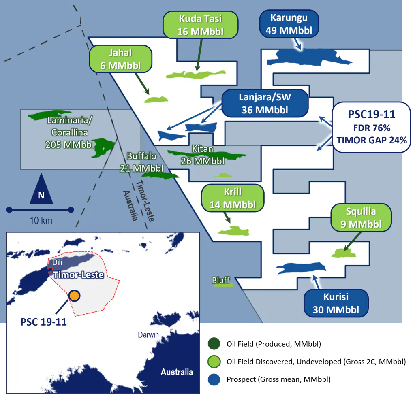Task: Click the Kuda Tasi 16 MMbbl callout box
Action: (x=200, y=25)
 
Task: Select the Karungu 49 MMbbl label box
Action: (x=289, y=24)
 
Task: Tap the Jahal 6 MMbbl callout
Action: (x=120, y=59)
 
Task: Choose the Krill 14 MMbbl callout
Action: (x=233, y=198)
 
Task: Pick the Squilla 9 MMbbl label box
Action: (x=361, y=217)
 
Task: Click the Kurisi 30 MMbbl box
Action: (x=336, y=303)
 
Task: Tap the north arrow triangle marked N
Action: (x=41, y=190)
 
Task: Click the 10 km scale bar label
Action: (x=41, y=221)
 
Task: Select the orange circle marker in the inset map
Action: (x=74, y=296)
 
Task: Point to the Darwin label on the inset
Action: (x=148, y=335)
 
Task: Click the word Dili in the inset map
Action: (x=58, y=263)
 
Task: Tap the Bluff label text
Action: (x=221, y=280)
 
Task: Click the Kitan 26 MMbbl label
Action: (x=203, y=155)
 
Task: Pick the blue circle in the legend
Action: (x=213, y=379)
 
